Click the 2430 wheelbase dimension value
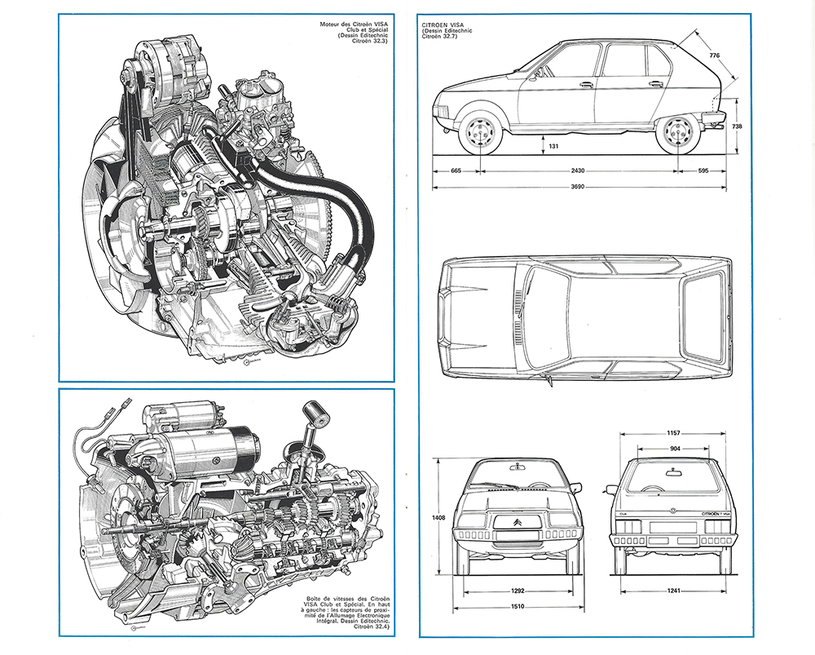click(578, 171)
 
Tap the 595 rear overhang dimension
click(703, 171)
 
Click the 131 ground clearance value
click(553, 146)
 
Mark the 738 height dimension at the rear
click(760, 126)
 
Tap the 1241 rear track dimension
click(673, 591)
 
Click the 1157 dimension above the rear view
click(672, 433)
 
